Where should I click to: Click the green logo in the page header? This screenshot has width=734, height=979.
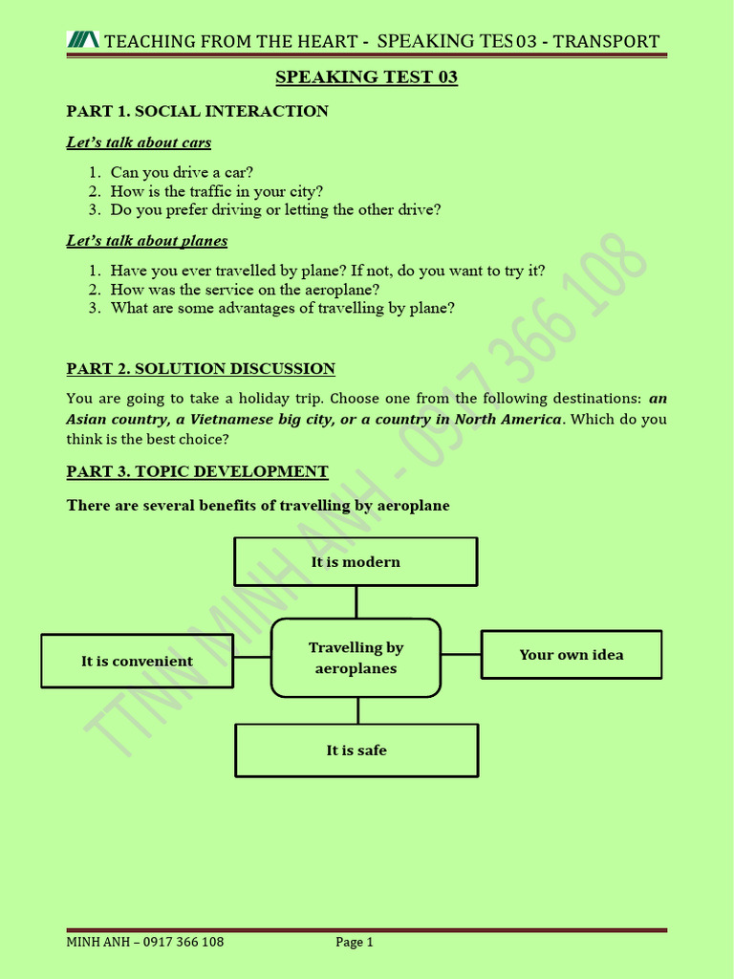82,40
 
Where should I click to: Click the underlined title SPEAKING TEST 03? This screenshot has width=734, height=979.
367,77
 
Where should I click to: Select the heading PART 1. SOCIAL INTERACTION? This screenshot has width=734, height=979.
197,111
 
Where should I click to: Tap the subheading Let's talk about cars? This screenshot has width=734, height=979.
139,142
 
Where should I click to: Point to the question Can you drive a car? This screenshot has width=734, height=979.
182,172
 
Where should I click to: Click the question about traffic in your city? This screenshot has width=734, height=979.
217,191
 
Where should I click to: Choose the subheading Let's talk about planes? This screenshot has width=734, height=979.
147,241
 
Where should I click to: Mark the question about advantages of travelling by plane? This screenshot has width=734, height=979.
282,308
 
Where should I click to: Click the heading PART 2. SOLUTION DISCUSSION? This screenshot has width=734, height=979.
201,369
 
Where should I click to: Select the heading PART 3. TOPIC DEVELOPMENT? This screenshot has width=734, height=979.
197,471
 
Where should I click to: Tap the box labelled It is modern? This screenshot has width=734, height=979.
356,561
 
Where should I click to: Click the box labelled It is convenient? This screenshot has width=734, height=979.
137,661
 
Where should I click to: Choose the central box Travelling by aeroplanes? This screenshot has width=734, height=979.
356,658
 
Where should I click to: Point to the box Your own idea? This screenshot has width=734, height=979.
571,655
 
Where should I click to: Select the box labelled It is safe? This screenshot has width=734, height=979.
356,751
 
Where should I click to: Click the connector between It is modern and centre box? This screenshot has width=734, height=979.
356,602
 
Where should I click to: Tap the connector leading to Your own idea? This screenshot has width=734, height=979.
461,655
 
